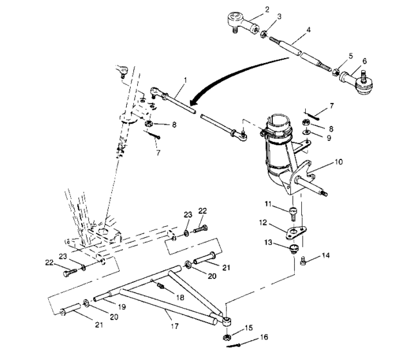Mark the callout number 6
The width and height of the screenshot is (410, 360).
tap(364, 62)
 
